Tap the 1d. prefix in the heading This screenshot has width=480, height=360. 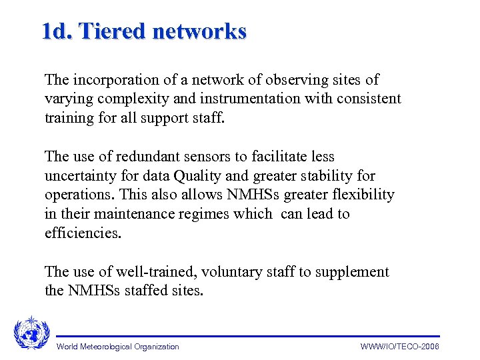click(56, 31)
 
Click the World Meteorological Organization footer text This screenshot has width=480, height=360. click(118, 347)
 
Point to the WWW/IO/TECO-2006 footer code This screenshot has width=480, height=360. click(400, 347)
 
